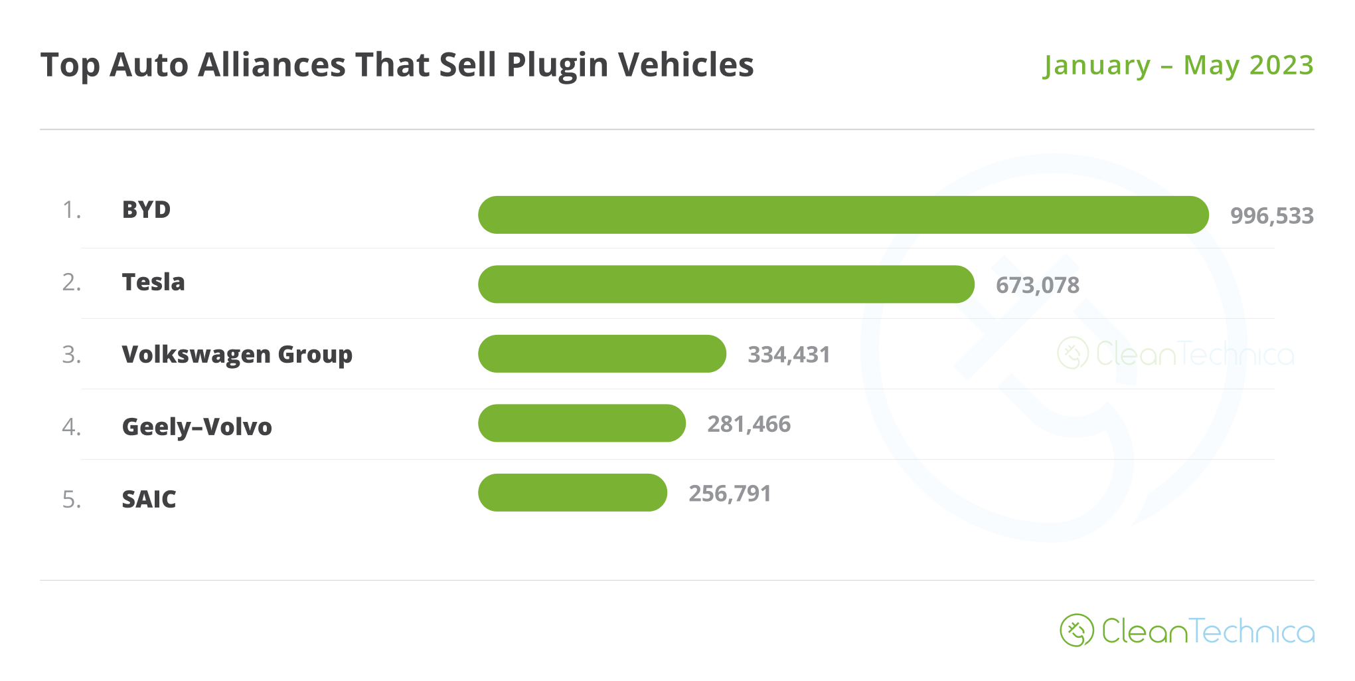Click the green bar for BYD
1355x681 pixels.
tap(843, 215)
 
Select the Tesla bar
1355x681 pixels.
tap(726, 284)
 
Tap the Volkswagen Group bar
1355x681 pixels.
tap(601, 353)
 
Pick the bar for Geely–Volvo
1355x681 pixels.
tap(582, 423)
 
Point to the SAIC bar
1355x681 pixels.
tap(572, 492)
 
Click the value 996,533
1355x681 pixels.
tap(1271, 216)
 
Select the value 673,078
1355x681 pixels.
tap(1037, 286)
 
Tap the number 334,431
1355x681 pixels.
tap(789, 355)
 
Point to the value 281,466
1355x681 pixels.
tap(748, 424)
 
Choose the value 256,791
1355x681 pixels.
tap(729, 494)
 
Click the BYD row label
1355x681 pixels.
tap(146, 210)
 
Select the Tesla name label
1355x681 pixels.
tap(153, 282)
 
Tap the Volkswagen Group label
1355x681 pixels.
tap(237, 355)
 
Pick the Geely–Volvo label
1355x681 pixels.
tap(197, 427)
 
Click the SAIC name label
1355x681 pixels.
tap(149, 499)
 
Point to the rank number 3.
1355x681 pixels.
tap(71, 355)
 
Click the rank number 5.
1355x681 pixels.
tap(71, 499)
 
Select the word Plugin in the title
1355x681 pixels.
tap(557, 66)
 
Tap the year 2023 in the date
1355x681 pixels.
tap(1281, 65)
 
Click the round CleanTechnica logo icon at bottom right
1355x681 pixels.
tap(1076, 631)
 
